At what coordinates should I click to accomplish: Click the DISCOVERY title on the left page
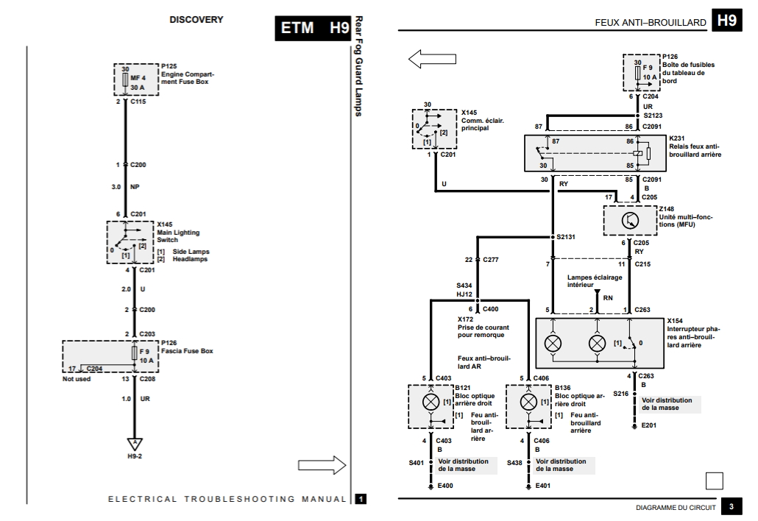pos(196,20)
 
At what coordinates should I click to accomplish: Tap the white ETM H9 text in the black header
pos(314,29)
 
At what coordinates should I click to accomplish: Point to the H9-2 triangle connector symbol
pos(135,444)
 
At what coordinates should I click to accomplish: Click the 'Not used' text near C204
pos(77,378)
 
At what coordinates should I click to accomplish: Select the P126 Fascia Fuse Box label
pos(185,347)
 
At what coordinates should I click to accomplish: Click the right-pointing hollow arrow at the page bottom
pos(322,464)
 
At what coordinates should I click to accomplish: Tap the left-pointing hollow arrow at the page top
pos(433,59)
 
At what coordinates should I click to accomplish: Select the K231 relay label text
pos(695,146)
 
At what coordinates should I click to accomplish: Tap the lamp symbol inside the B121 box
pos(427,402)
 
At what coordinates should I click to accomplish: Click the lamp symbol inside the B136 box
pos(528,402)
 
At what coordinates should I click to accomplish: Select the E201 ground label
pos(648,425)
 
